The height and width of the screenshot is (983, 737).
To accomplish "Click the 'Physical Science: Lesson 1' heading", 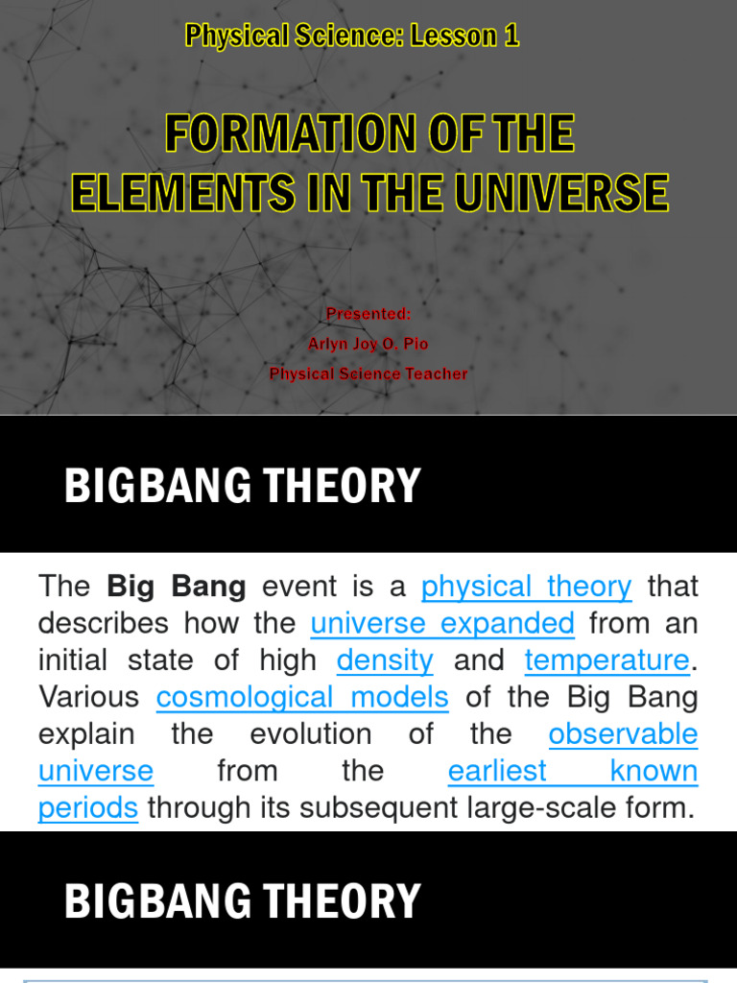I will (352, 36).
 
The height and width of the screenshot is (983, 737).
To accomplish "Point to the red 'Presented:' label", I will (368, 314).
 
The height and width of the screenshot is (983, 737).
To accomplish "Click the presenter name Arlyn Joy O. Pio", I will (368, 344).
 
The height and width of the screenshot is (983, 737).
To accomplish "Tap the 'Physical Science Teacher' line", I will (368, 373).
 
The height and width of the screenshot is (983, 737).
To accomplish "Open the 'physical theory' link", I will (526, 587).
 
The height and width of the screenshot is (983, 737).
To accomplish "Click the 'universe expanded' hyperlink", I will (442, 624).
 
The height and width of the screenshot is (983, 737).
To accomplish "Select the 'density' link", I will (385, 660).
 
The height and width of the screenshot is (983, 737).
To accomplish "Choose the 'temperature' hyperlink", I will (606, 660).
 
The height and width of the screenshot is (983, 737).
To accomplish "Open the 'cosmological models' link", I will (302, 697).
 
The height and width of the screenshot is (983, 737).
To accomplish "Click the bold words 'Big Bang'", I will (177, 587).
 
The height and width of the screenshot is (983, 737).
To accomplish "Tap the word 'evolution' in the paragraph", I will (310, 734).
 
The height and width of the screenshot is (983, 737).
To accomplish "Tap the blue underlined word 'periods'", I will (88, 808).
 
